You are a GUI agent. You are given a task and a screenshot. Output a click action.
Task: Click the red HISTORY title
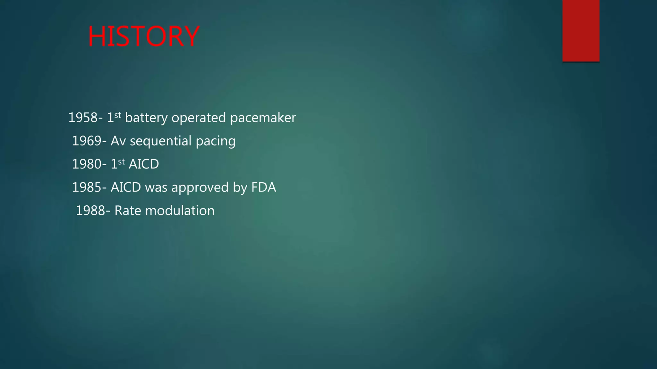click(x=143, y=37)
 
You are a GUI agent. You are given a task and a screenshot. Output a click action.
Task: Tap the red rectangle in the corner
click(x=581, y=31)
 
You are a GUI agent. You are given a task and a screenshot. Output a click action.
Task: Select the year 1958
click(x=83, y=118)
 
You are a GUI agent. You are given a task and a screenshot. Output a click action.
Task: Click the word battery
click(x=146, y=118)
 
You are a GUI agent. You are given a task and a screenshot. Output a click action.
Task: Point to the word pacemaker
click(x=263, y=118)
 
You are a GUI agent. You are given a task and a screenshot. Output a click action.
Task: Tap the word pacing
click(x=216, y=141)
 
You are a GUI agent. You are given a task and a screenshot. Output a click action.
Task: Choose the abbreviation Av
click(x=118, y=141)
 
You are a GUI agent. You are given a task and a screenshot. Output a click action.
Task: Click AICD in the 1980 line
click(x=144, y=164)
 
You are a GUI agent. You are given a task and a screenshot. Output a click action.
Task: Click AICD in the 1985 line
click(x=126, y=187)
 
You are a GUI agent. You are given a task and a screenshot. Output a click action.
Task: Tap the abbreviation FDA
click(x=263, y=187)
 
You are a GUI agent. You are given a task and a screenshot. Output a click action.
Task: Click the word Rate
click(x=128, y=210)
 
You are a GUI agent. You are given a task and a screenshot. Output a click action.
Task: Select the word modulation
click(x=180, y=210)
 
